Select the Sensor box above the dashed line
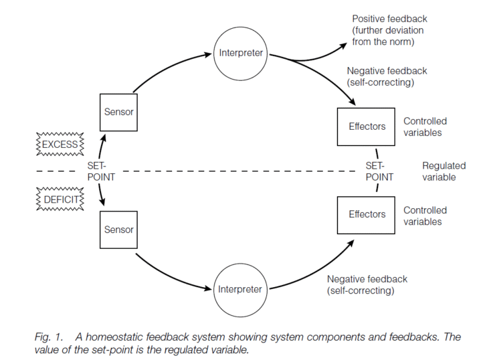pyautogui.click(x=118, y=112)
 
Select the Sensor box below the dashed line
pyautogui.click(x=118, y=230)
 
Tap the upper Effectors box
pyautogui.click(x=367, y=126)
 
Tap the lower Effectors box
pyautogui.click(x=367, y=214)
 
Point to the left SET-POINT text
pyautogui.click(x=100, y=171)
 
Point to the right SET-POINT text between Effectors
pyautogui.click(x=376, y=171)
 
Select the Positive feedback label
pyautogui.click(x=389, y=30)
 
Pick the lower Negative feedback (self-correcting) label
pyautogui.click(x=367, y=285)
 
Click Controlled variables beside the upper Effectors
pyautogui.click(x=425, y=126)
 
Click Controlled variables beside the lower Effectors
pyautogui.click(x=425, y=215)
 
